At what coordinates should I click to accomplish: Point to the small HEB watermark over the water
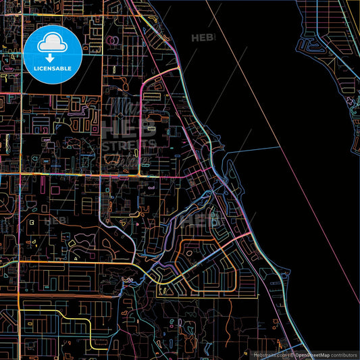click(x=203, y=38)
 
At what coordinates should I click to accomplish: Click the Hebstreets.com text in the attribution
click(x=269, y=355)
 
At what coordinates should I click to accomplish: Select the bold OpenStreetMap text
click(x=310, y=355)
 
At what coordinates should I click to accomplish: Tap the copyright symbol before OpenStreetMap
click(x=292, y=355)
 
